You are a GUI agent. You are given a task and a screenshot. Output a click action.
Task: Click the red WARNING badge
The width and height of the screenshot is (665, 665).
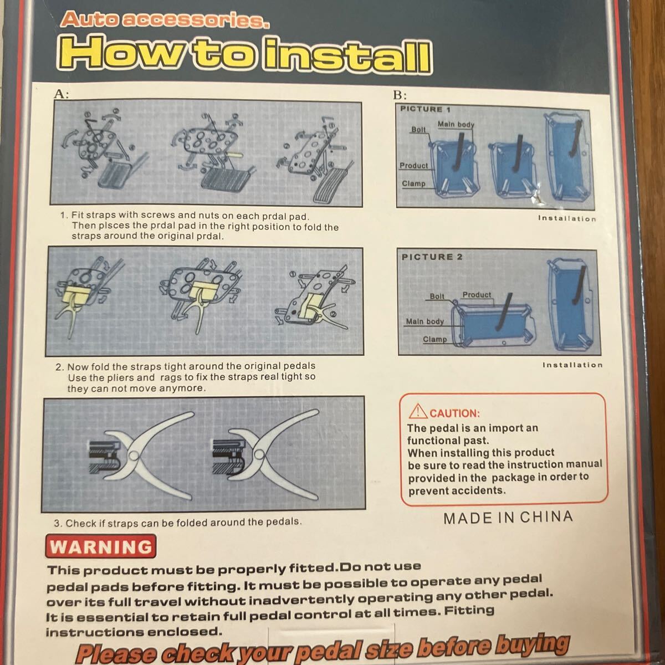pos(100,546)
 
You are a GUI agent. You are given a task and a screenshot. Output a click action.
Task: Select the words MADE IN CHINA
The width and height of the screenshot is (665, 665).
pos(508,518)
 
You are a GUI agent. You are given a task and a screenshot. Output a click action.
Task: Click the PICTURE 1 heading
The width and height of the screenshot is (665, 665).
pos(425,109)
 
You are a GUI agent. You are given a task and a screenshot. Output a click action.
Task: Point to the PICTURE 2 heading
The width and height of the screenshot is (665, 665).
pos(432,257)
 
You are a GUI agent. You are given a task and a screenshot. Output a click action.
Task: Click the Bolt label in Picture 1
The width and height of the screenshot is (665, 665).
pos(418,130)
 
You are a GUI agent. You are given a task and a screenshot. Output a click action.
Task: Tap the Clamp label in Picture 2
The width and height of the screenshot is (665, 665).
pos(435,339)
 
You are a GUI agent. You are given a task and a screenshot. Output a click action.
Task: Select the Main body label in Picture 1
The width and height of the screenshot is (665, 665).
pos(456,124)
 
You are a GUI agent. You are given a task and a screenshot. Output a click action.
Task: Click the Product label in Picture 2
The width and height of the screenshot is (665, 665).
pos(477,294)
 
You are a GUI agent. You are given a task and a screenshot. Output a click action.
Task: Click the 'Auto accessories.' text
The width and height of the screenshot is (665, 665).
pos(165,19)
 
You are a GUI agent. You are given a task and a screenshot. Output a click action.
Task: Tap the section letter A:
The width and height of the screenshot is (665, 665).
pos(62,94)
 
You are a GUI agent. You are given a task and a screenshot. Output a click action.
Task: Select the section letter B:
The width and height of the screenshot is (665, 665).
pos(400,95)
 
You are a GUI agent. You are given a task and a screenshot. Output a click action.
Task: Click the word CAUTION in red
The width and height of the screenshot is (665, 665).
pos(455,413)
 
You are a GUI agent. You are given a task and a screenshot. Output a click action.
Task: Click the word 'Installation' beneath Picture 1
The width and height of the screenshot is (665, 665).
pos(567,218)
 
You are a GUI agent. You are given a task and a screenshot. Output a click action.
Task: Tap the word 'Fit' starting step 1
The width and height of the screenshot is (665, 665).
pos(77,214)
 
